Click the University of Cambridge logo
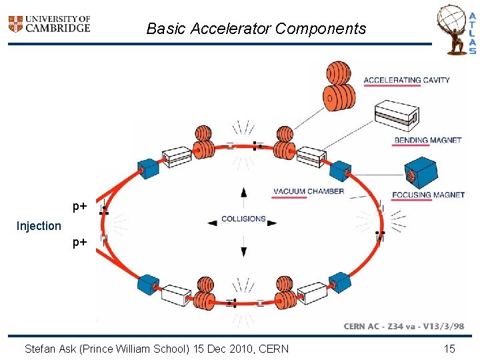click(49, 25)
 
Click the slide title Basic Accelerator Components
click(256, 29)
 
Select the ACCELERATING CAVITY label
click(406, 80)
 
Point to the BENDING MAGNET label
click(427, 140)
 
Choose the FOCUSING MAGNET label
click(428, 195)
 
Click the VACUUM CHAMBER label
click(309, 191)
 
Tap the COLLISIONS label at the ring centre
click(243, 219)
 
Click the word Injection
click(39, 226)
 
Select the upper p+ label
click(80, 207)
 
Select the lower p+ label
click(80, 243)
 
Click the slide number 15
click(449, 348)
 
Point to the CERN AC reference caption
click(404, 326)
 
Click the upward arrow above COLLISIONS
click(244, 193)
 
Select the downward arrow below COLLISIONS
click(244, 250)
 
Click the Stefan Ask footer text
click(157, 348)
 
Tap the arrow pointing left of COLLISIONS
click(213, 223)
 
